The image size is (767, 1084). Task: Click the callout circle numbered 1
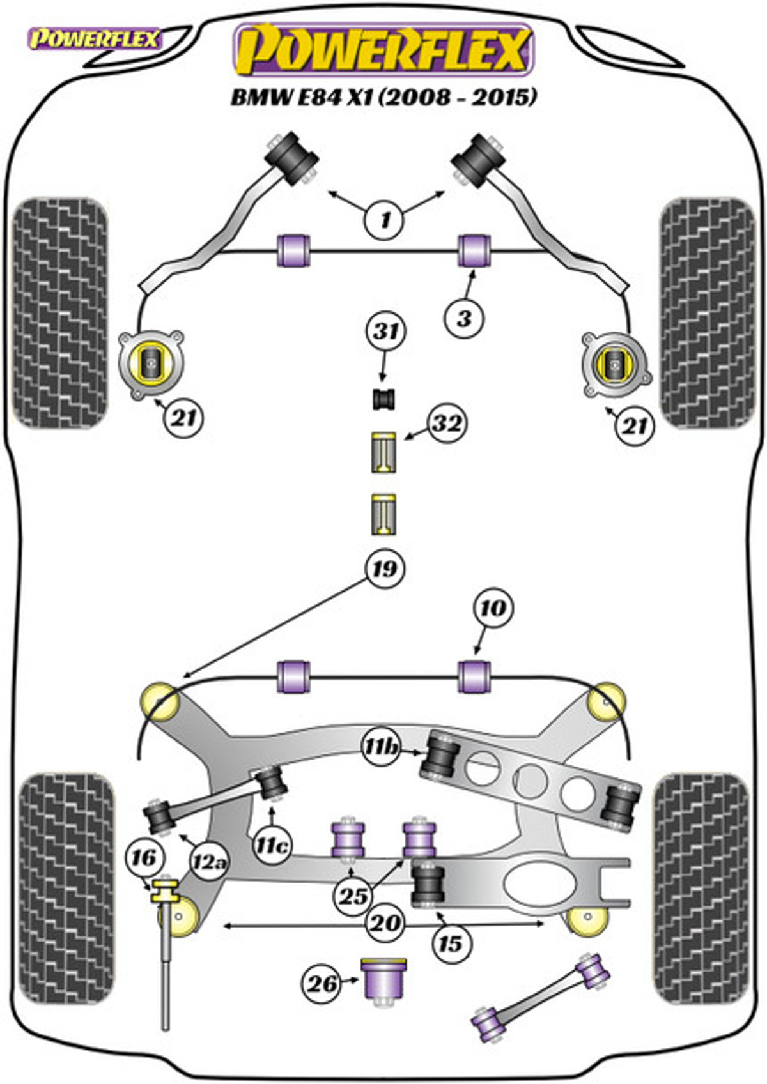tap(385, 221)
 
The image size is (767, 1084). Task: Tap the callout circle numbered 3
tap(465, 319)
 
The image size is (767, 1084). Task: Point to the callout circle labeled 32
tap(447, 424)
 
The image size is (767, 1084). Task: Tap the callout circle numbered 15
tap(451, 943)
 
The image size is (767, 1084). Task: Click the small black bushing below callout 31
tap(383, 399)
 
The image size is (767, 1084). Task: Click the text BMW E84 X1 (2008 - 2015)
tap(384, 97)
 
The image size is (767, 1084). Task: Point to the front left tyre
tap(60, 313)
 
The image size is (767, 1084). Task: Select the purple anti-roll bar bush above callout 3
tap(474, 250)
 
